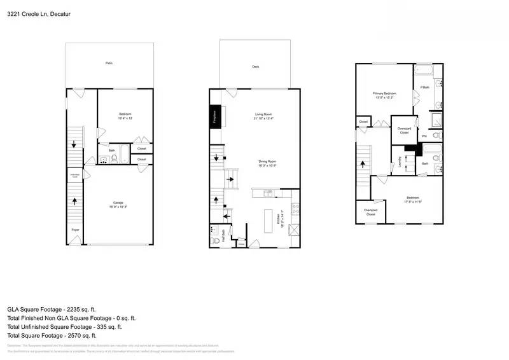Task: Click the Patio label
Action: coord(109,64)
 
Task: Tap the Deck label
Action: coord(255,67)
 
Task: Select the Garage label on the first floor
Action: coord(118,202)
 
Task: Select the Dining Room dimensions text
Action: coord(267,165)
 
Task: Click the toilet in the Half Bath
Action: coord(216,242)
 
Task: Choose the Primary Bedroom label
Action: coord(384,93)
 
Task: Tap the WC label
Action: coord(424,135)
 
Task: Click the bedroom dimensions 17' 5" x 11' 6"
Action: coord(414,202)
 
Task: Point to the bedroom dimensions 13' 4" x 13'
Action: coord(125,118)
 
